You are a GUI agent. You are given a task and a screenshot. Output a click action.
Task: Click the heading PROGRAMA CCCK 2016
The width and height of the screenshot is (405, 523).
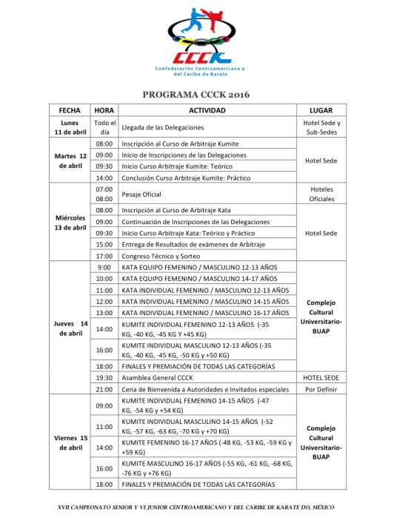(x=202, y=95)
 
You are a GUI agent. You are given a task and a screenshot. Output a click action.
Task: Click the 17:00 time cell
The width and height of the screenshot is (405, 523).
(x=104, y=255)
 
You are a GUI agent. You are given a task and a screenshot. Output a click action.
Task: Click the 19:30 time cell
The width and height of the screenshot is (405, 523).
(x=104, y=377)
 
